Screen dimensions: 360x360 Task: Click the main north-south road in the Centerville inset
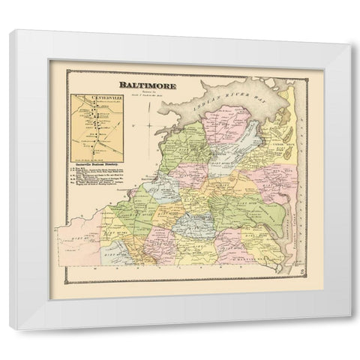click(x=94, y=127)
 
